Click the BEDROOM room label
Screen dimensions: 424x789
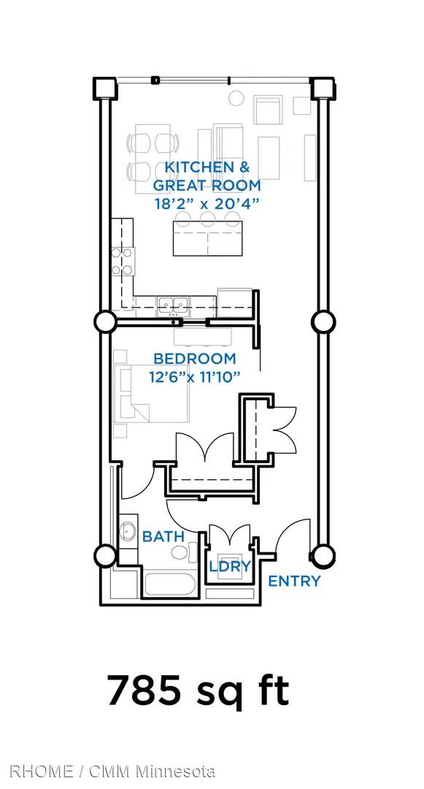point(194,359)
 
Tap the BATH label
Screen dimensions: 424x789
point(163,536)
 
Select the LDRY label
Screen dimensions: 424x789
point(230,567)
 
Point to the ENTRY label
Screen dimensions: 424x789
point(294,582)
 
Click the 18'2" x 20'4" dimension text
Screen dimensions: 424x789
point(207,204)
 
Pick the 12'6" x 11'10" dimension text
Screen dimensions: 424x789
point(194,376)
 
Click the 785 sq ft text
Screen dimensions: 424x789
point(198,690)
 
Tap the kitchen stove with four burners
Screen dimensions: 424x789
point(123,261)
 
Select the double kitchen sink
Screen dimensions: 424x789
point(172,304)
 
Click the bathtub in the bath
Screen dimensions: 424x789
point(174,584)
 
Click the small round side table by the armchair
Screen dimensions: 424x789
point(236,98)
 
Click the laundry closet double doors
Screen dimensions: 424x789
point(230,535)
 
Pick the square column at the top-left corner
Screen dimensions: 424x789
point(105,88)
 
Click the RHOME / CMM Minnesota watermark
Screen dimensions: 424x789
point(112,771)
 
